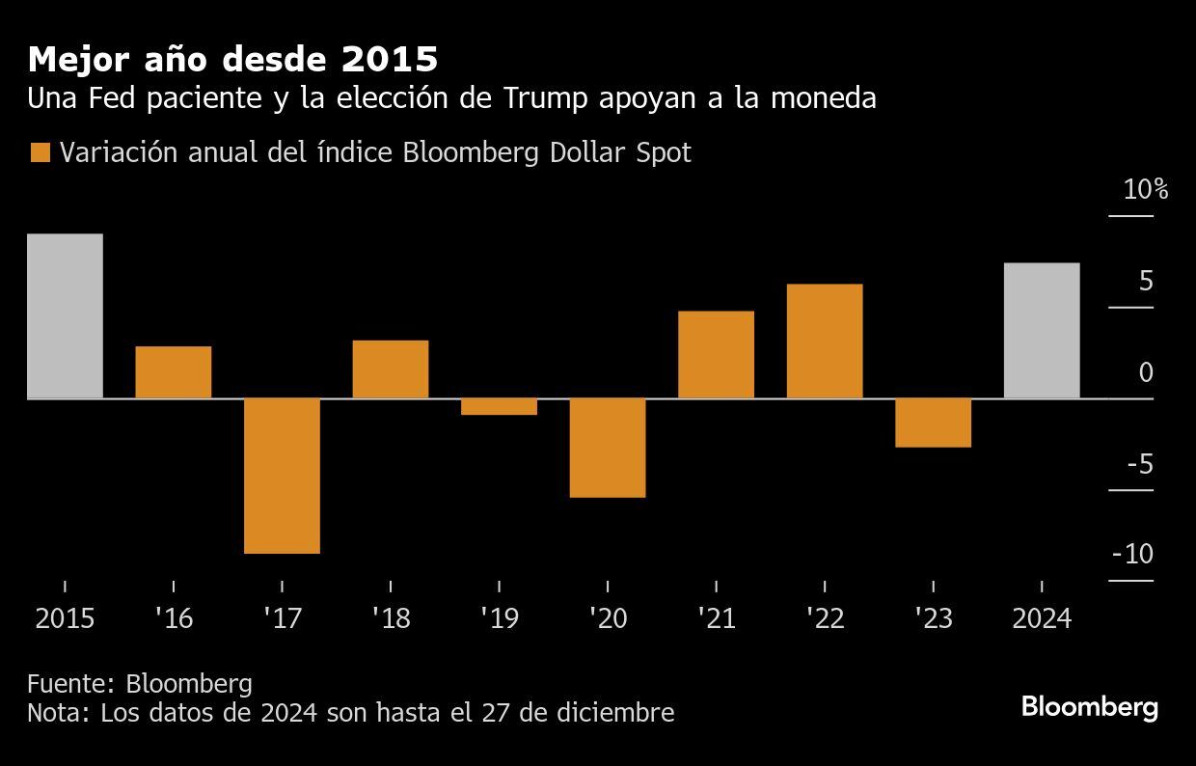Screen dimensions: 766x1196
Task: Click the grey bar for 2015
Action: pos(65,315)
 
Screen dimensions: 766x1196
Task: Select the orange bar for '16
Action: pos(174,371)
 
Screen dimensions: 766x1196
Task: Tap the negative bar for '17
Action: pos(282,476)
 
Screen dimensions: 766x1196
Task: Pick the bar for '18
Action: pos(391,369)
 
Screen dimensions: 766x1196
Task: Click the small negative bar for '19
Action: pos(499,406)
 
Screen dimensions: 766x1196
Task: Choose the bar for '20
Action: pos(608,448)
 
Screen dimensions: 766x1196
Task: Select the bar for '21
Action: pos(716,354)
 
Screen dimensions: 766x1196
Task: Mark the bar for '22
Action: pos(825,341)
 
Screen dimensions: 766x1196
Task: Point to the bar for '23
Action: pos(933,423)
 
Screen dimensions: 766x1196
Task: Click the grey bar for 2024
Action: pos(1042,330)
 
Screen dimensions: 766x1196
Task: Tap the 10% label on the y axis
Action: pos(1145,190)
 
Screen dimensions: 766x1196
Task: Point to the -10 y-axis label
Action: pos(1132,555)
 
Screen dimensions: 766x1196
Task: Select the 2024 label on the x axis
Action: pos(1042,618)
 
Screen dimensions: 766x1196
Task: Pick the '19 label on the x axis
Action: pos(499,618)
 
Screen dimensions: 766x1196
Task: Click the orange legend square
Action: pos(41,152)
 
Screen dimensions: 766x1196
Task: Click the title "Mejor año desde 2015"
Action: pos(232,60)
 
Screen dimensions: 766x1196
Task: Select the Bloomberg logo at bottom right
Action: pos(1089,706)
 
